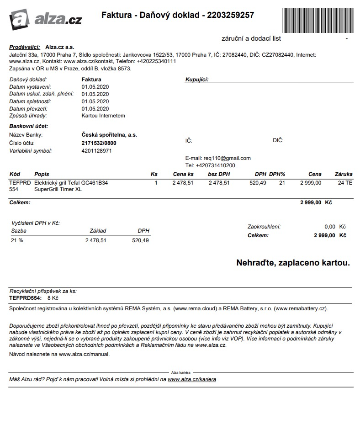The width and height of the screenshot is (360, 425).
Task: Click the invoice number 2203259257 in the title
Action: (230, 15)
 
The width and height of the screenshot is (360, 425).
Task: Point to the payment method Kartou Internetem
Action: (103, 116)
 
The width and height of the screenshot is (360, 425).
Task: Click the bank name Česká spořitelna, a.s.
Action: (109, 135)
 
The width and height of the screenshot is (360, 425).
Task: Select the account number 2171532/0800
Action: (99, 143)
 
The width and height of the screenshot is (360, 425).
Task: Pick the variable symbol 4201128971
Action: (96, 151)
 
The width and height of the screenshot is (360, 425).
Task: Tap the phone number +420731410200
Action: (215, 165)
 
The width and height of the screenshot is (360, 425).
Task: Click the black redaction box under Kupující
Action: (238, 101)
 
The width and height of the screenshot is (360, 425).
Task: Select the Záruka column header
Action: (344, 174)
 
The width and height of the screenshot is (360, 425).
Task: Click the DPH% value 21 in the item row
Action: (282, 183)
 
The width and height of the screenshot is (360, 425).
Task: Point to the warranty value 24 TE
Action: (345, 183)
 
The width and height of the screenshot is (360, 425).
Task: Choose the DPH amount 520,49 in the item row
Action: (258, 183)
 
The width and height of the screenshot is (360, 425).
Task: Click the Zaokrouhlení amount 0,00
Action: (330, 227)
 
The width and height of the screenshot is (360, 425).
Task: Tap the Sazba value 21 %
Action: (17, 240)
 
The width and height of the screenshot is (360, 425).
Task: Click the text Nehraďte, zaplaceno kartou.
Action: (293, 263)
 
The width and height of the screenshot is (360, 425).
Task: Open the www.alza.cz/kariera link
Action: (192, 379)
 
